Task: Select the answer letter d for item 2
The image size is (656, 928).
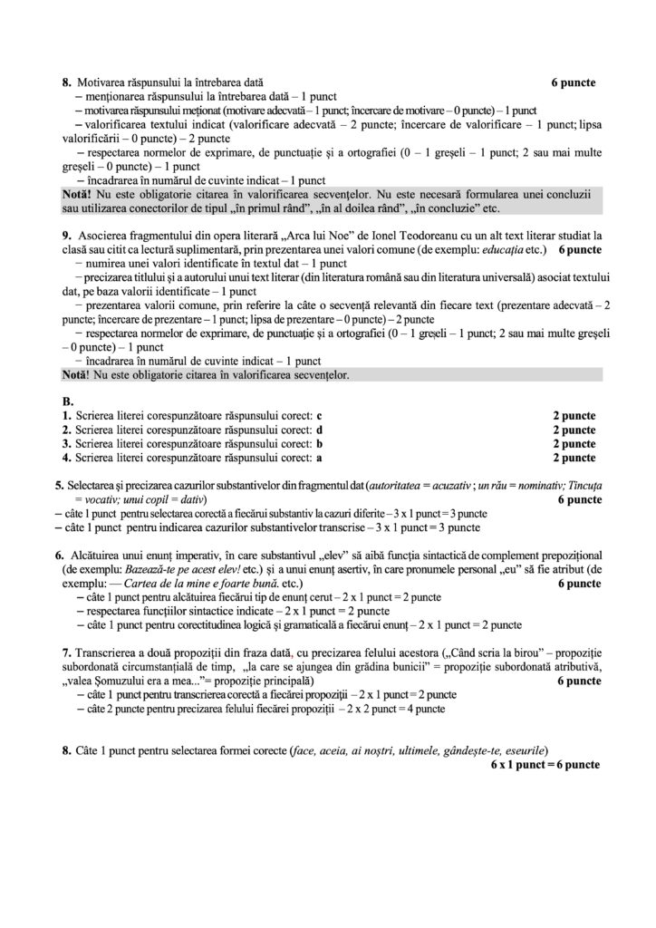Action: (x=318, y=430)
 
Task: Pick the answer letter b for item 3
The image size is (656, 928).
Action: (x=318, y=444)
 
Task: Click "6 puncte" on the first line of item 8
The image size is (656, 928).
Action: (x=574, y=82)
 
